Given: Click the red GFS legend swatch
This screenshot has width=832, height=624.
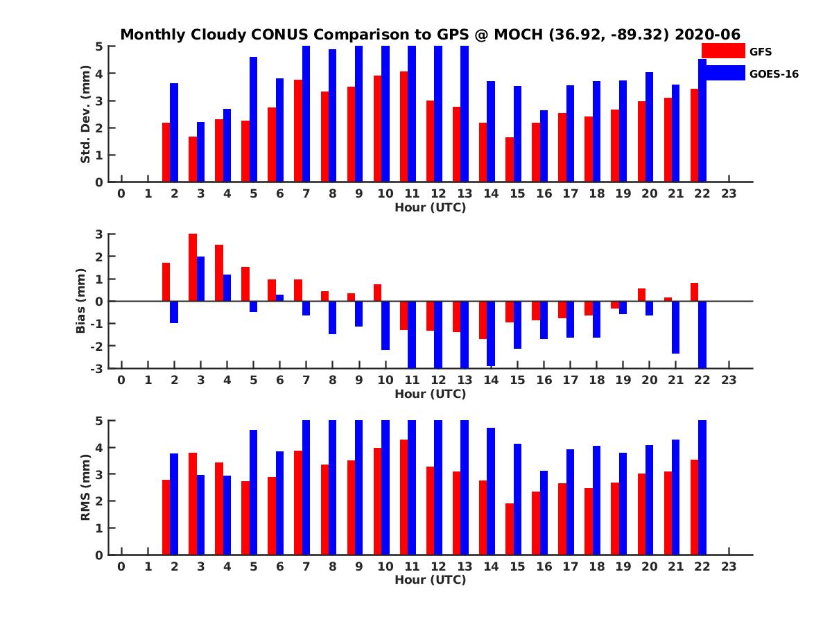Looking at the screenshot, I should pyautogui.click(x=723, y=51).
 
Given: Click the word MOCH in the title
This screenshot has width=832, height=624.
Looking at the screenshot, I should pyautogui.click(x=519, y=34).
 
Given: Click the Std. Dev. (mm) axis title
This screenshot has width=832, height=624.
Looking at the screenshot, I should pyautogui.click(x=86, y=114).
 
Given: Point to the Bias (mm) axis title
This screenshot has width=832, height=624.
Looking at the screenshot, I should pyautogui.click(x=80, y=301).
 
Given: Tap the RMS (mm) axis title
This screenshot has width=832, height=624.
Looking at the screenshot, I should pyautogui.click(x=86, y=487).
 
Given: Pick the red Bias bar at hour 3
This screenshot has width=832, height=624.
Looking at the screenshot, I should pyautogui.click(x=193, y=268).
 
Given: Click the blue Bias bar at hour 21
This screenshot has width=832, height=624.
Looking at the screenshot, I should pyautogui.click(x=675, y=327).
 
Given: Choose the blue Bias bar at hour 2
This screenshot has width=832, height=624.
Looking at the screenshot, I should pyautogui.click(x=174, y=312).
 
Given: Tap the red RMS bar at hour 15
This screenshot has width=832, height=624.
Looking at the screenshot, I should pyautogui.click(x=510, y=529).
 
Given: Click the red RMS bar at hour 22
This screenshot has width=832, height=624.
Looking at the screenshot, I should pyautogui.click(x=694, y=507).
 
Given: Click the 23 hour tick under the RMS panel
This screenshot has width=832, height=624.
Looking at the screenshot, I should pyautogui.click(x=728, y=566).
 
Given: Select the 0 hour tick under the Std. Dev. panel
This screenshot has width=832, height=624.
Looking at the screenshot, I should pyautogui.click(x=121, y=193).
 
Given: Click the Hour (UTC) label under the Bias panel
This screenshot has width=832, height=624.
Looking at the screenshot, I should pyautogui.click(x=430, y=394).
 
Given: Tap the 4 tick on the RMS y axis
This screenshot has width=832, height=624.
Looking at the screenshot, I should pyautogui.click(x=100, y=447).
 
